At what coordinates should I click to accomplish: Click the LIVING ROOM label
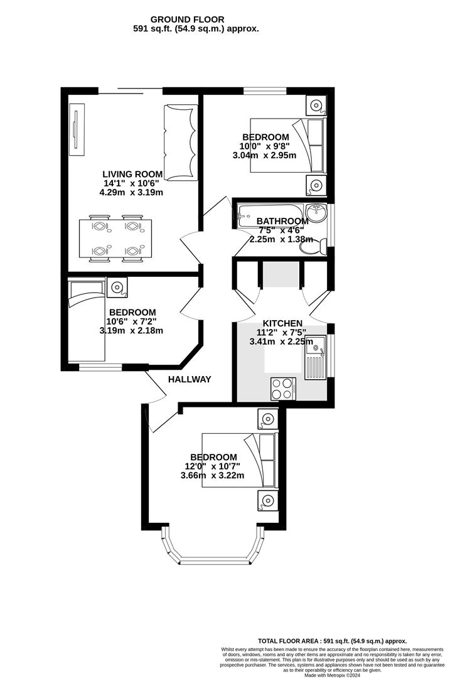(133, 174)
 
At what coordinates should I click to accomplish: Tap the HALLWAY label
(190, 379)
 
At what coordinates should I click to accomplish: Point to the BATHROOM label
(282, 221)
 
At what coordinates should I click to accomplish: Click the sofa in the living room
(181, 143)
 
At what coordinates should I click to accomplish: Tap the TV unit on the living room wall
(76, 132)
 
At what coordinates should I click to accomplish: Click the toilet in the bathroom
(312, 247)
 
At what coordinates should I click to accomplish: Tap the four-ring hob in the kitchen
(283, 388)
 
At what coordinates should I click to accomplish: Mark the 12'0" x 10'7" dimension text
(213, 466)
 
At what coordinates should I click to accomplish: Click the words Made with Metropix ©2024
(334, 675)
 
